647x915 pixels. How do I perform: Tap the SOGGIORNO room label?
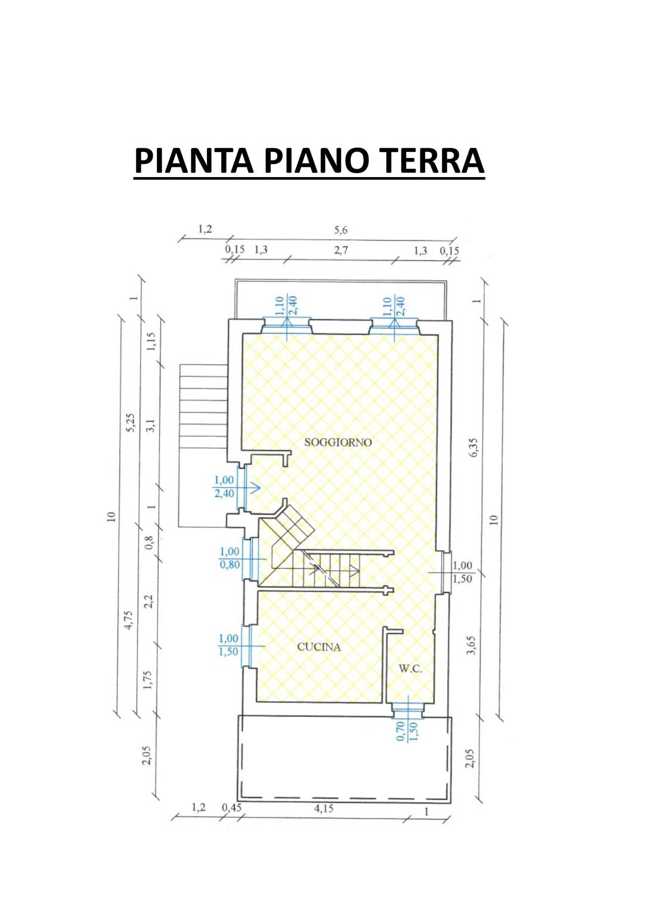tap(338, 442)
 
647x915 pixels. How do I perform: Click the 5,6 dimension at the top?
tap(340, 230)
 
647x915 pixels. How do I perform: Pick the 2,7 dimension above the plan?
tap(341, 250)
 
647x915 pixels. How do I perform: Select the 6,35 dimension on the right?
tap(473, 448)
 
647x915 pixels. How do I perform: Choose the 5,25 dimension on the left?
tap(131, 423)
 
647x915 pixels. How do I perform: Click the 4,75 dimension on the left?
tap(129, 620)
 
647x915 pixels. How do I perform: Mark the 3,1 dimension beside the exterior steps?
tap(151, 426)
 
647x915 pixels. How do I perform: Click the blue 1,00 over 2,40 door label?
tap(224, 487)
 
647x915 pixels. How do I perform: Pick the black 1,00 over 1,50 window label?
tap(462, 572)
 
